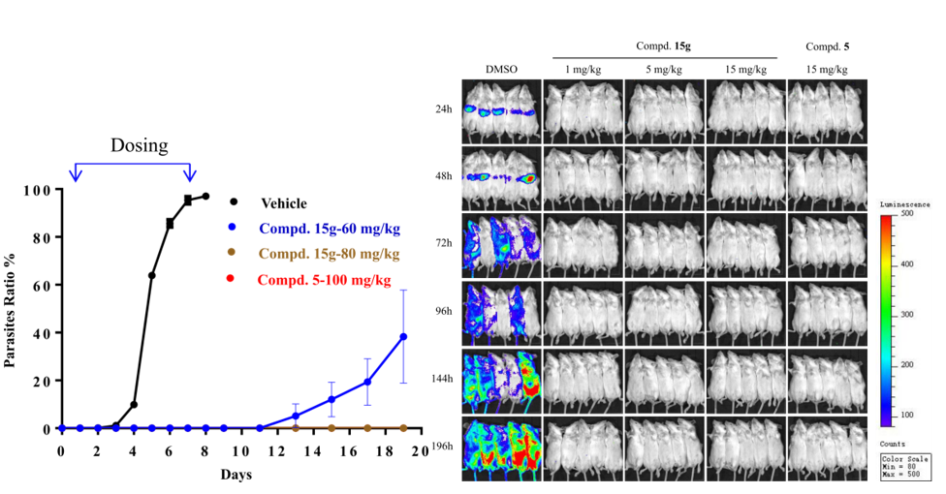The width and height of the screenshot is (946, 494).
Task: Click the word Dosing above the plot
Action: tap(139, 145)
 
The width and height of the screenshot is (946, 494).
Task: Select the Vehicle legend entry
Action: tap(283, 203)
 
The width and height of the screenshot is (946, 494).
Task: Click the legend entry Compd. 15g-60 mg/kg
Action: tap(330, 230)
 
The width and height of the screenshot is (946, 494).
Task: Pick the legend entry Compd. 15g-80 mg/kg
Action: tap(330, 255)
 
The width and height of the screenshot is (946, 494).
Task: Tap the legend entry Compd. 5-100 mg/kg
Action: tap(324, 280)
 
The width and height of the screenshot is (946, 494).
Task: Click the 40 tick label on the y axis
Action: tap(40, 333)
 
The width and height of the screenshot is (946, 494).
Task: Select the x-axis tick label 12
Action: tap(277, 451)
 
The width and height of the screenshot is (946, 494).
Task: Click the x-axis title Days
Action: tap(236, 476)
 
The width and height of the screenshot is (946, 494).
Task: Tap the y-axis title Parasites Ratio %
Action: tap(11, 308)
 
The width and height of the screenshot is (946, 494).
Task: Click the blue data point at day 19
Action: tap(403, 337)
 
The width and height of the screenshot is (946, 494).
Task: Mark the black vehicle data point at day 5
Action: tap(151, 276)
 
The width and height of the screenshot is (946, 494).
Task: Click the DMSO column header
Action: tap(502, 69)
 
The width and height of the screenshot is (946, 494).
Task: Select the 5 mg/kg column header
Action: tap(665, 69)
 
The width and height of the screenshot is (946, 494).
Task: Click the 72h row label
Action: tap(443, 243)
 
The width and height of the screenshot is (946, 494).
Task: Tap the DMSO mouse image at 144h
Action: tap(501, 378)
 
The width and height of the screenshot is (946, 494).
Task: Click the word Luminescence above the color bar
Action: tap(904, 206)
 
